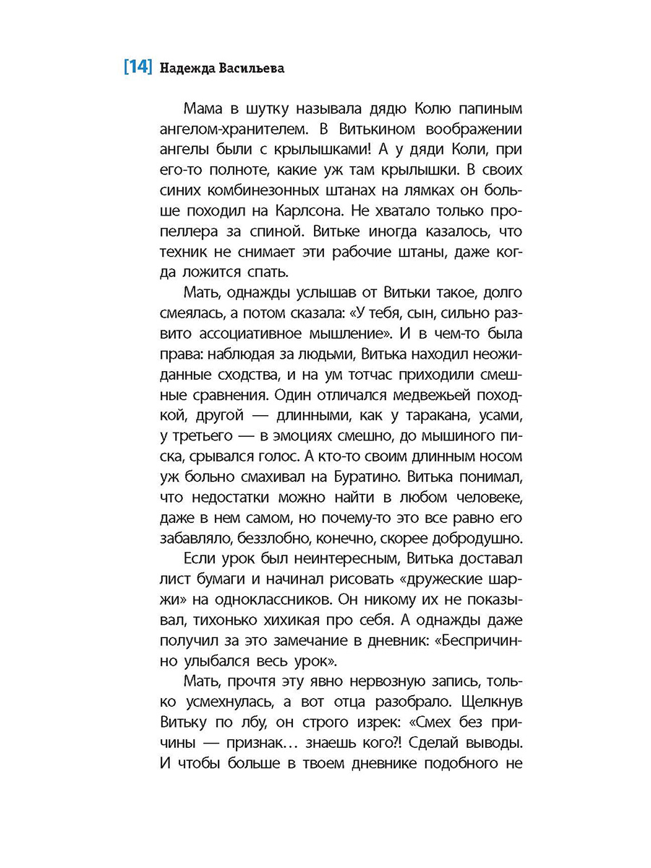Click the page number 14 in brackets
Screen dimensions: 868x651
(x=137, y=68)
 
